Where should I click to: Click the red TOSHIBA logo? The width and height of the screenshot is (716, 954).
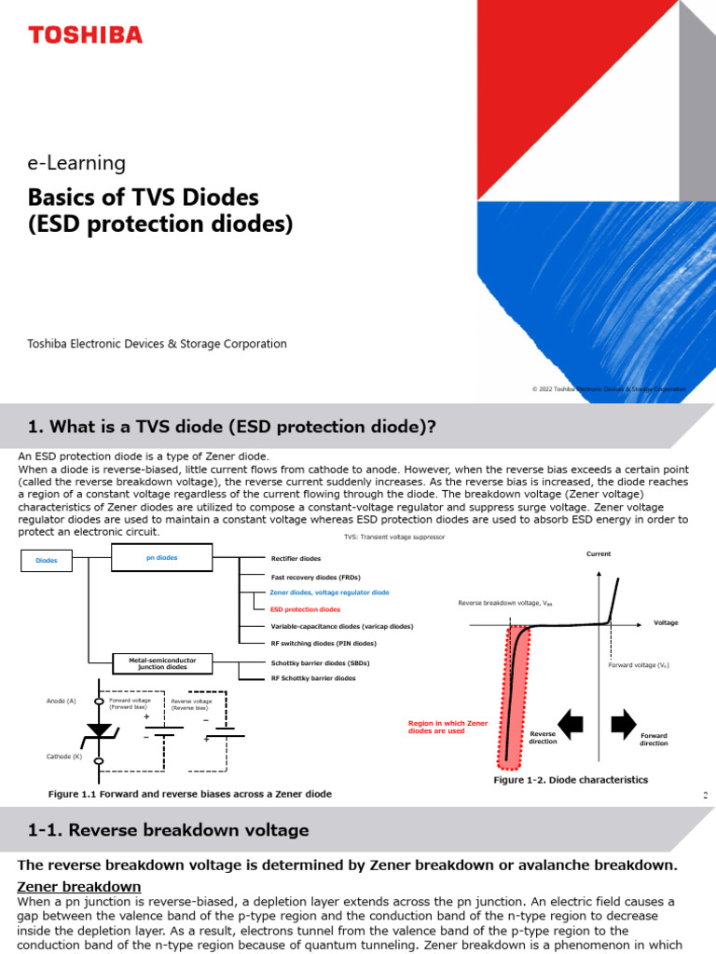coord(85,35)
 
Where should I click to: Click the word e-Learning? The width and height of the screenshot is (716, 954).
coord(77,163)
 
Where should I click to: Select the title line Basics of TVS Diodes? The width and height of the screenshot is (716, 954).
coord(144,198)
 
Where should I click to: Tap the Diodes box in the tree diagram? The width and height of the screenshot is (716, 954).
coord(47,561)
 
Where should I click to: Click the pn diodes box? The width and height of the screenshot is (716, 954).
coord(162,558)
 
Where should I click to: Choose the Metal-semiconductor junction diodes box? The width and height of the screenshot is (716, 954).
coord(162,663)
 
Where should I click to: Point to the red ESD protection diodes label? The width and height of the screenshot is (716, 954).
coord(305,609)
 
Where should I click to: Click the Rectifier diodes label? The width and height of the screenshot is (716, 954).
coord(296,559)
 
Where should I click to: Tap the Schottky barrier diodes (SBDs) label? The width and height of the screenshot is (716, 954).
coord(320,663)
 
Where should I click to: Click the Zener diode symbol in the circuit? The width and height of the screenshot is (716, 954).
coord(99,730)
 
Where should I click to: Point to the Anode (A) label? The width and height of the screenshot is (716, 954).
coord(62,701)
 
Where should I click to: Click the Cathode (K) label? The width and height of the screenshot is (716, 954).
coord(64,756)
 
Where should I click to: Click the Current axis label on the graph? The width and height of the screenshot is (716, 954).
coord(599,554)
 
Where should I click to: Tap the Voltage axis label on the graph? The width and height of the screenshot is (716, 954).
coord(666,622)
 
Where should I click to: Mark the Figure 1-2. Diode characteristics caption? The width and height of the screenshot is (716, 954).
coord(570,780)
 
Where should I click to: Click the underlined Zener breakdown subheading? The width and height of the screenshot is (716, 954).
coord(79,886)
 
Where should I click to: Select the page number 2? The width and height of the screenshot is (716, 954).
coord(706,796)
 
